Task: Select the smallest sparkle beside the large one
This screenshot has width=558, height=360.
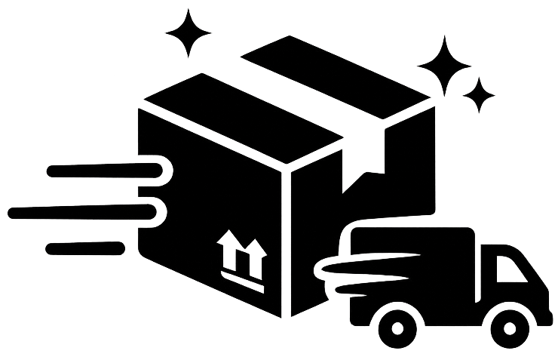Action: (x=479, y=96)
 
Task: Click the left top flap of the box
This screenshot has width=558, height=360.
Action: (x=241, y=117)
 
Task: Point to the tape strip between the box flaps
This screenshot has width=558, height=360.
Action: (x=294, y=94)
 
